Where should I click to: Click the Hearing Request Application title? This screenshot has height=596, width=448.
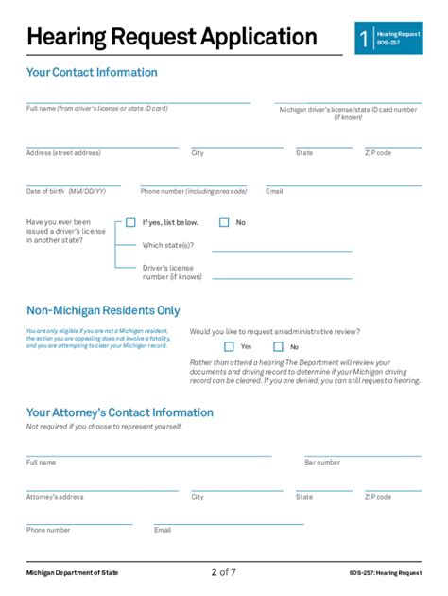172,38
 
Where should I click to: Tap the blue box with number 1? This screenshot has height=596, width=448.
364,39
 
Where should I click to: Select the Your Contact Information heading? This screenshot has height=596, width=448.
92,73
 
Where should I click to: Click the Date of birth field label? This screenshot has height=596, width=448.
66,191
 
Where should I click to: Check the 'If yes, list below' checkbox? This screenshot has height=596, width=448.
130,223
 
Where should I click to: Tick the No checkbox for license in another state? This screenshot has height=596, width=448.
224,223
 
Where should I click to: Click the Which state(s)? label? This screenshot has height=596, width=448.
167,245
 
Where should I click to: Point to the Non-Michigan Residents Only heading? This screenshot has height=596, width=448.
103,310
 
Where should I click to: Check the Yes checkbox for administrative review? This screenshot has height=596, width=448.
229,346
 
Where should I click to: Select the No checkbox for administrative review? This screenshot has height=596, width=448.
279,346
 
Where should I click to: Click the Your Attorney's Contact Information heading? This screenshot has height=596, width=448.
120,412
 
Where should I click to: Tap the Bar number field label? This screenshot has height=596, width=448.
322,463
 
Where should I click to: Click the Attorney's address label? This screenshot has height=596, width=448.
55,497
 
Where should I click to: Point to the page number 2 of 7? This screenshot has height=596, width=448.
224,571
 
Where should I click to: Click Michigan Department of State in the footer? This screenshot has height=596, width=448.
72,573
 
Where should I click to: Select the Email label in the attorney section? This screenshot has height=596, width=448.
163,530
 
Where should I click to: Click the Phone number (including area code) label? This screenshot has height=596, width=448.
194,191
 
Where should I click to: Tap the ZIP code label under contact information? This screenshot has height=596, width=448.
378,153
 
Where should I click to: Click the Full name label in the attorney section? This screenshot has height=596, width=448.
42,463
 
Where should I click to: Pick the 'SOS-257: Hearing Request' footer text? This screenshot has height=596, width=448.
384,573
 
